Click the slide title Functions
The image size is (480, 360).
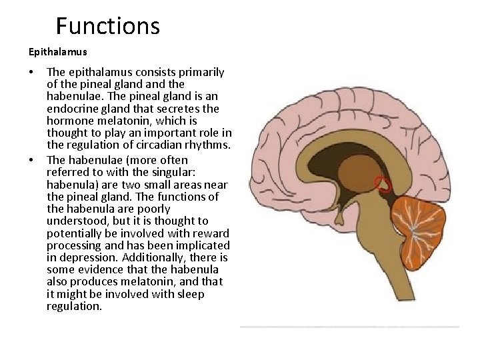[108, 26]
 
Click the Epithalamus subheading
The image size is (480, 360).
[58, 51]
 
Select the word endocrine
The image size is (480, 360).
[71, 109]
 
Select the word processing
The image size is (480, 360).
[74, 245]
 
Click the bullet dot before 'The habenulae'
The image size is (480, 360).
[32, 160]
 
